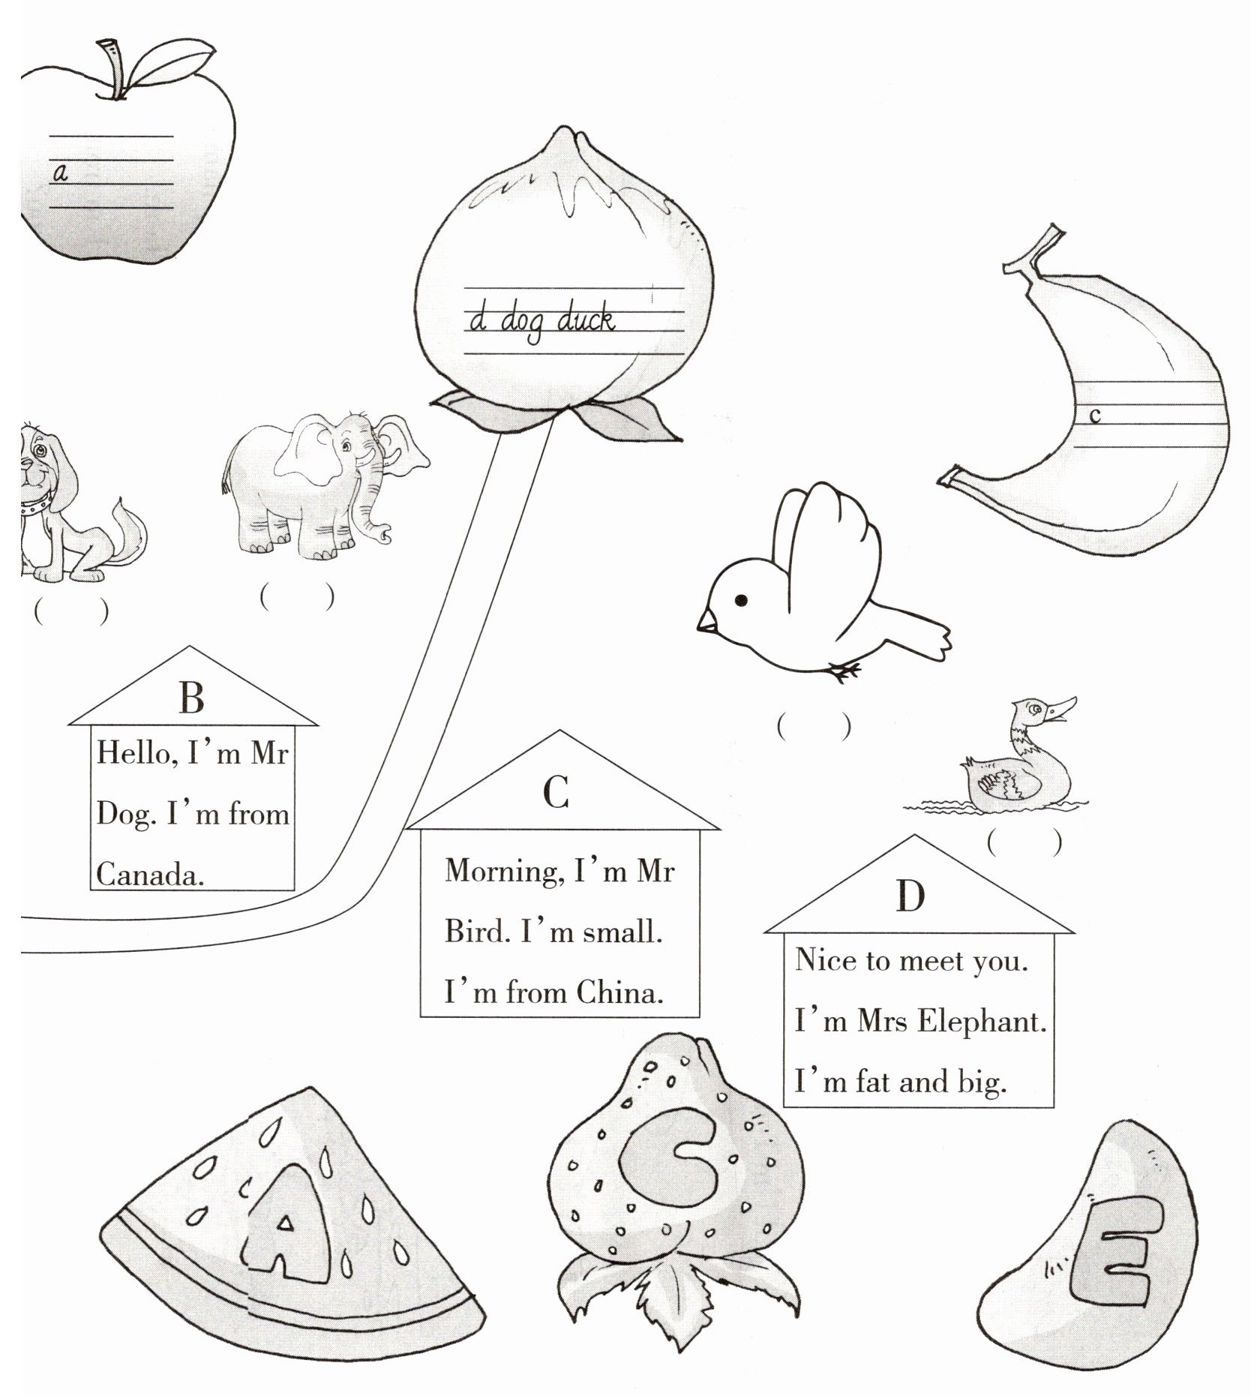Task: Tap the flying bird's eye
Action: [x=741, y=599]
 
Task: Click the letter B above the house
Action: [x=192, y=698]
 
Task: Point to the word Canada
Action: [x=149, y=875]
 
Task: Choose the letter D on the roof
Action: [x=910, y=896]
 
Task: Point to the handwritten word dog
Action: [x=524, y=323]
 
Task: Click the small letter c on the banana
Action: [x=1094, y=415]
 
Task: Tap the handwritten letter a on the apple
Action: [x=61, y=173]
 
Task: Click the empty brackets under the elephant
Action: [x=297, y=598]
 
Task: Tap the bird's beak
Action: [x=706, y=620]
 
